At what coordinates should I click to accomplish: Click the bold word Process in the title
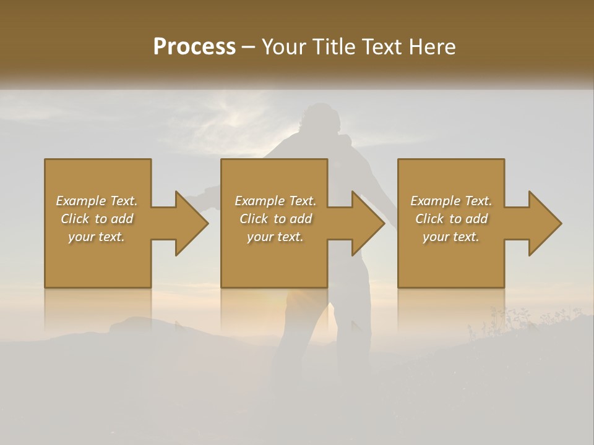194,47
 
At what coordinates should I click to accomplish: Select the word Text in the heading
382,47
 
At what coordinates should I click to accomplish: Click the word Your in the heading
285,47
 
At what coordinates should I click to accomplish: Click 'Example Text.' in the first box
97,201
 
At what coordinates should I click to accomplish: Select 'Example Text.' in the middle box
275,201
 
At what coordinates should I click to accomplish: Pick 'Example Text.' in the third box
451,201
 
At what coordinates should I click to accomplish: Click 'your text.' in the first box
97,237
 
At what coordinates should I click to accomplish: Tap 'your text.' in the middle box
275,237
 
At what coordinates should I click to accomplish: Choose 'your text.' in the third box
451,237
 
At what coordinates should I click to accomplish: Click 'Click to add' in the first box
97,219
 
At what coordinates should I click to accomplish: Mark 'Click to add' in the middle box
275,219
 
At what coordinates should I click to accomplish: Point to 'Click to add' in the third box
451,219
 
